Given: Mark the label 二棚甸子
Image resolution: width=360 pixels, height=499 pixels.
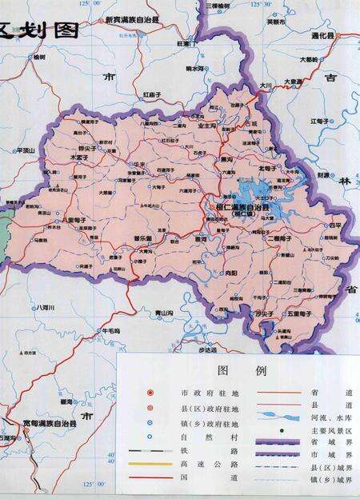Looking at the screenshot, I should click(284, 238).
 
